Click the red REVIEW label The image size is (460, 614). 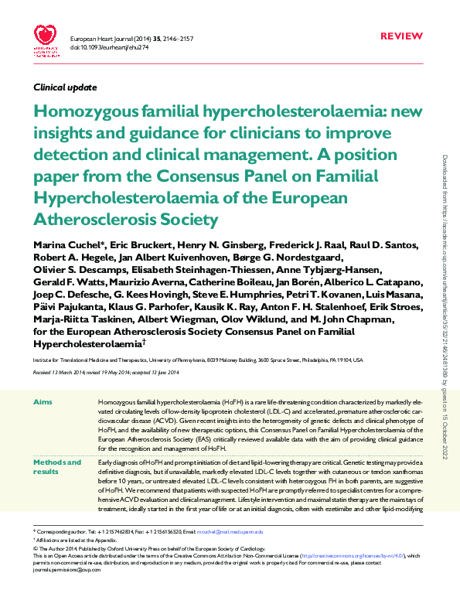pyautogui.click(x=402, y=36)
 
